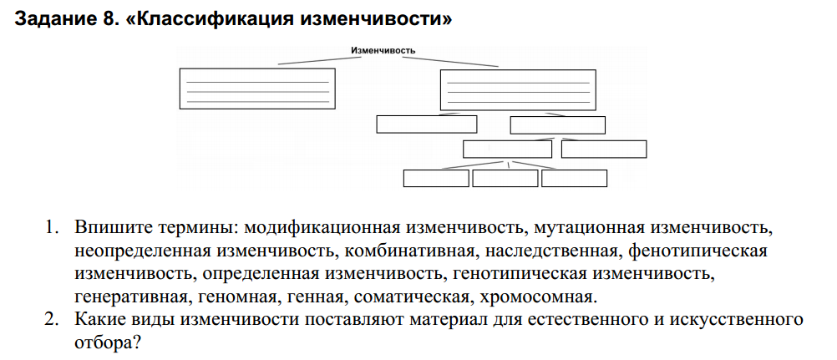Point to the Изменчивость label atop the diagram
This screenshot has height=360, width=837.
click(x=383, y=51)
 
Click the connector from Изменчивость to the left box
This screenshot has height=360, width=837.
click(x=319, y=60)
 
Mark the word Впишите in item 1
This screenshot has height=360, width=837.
click(x=104, y=228)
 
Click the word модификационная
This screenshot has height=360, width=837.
click(x=322, y=228)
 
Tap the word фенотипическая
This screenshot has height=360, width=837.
click(x=697, y=251)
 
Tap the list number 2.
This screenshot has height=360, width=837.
click(x=50, y=319)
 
